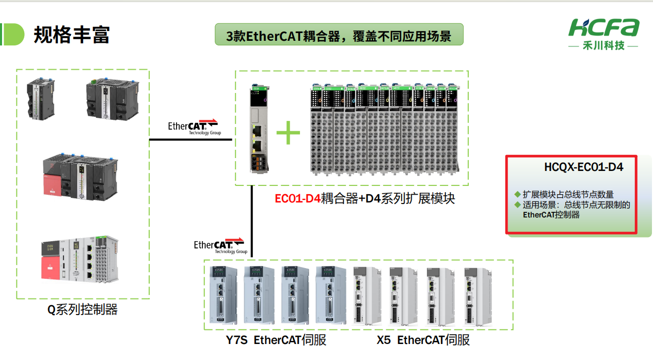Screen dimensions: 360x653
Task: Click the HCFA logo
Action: tap(603, 28)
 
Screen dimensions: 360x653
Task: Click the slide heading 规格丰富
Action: tap(72, 35)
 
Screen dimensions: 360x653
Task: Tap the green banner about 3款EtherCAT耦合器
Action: tap(339, 36)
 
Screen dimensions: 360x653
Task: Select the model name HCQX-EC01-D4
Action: tap(583, 167)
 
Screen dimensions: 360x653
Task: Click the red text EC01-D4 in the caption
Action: tap(297, 198)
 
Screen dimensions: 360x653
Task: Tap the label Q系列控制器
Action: tap(83, 309)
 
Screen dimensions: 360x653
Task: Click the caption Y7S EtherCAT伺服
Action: tap(276, 340)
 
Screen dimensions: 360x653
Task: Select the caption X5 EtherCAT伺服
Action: tap(423, 340)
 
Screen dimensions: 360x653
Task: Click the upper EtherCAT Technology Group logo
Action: tap(194, 127)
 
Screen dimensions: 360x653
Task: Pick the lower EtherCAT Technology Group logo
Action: tap(219, 245)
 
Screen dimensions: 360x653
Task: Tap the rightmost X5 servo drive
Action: tap(475, 294)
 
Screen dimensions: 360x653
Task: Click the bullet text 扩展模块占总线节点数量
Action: tap(568, 194)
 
